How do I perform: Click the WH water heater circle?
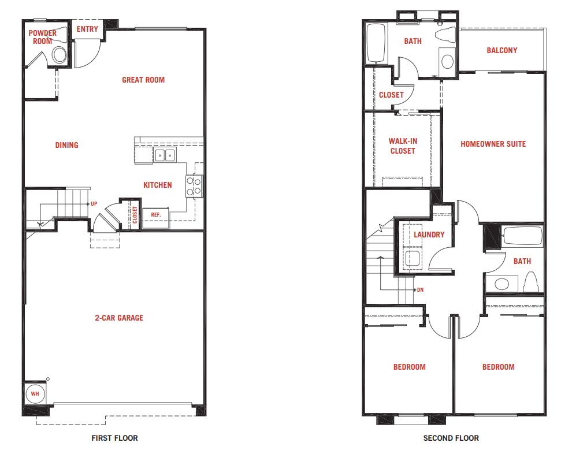pyautogui.click(x=35, y=393)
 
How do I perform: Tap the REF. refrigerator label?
pyautogui.click(x=155, y=215)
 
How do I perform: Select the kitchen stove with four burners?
pyautogui.click(x=194, y=187)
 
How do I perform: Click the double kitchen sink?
pyautogui.click(x=165, y=155)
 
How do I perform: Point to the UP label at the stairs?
pyautogui.click(x=94, y=203)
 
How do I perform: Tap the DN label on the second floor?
pyautogui.click(x=420, y=290)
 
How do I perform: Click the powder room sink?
pyautogui.click(x=59, y=55)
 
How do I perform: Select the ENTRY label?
pyautogui.click(x=87, y=29)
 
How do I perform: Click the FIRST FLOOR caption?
pyautogui.click(x=114, y=438)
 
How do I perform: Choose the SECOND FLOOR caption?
pyautogui.click(x=451, y=438)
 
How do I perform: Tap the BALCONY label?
pyautogui.click(x=502, y=50)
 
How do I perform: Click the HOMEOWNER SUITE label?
pyautogui.click(x=493, y=144)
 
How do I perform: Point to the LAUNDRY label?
pyautogui.click(x=429, y=235)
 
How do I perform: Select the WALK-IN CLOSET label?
pyautogui.click(x=403, y=146)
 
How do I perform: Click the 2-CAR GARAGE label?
pyautogui.click(x=119, y=318)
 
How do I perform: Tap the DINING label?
pyautogui.click(x=66, y=145)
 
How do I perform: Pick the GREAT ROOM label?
pyautogui.click(x=143, y=80)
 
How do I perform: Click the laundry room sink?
pyautogui.click(x=412, y=258)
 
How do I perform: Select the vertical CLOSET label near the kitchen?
pyautogui.click(x=135, y=215)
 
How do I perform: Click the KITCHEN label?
pyautogui.click(x=157, y=185)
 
